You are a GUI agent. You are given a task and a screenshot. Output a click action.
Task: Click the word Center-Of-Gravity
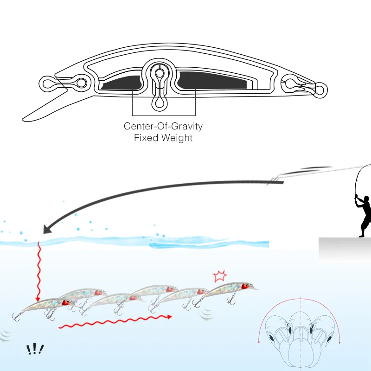pos(163,126)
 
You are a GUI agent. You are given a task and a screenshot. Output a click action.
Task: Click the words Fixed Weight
pos(163,138)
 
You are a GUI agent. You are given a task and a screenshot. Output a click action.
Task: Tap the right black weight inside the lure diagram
pos(211,80)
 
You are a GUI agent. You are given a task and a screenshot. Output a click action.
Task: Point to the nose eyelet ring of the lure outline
pos(47,83)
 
